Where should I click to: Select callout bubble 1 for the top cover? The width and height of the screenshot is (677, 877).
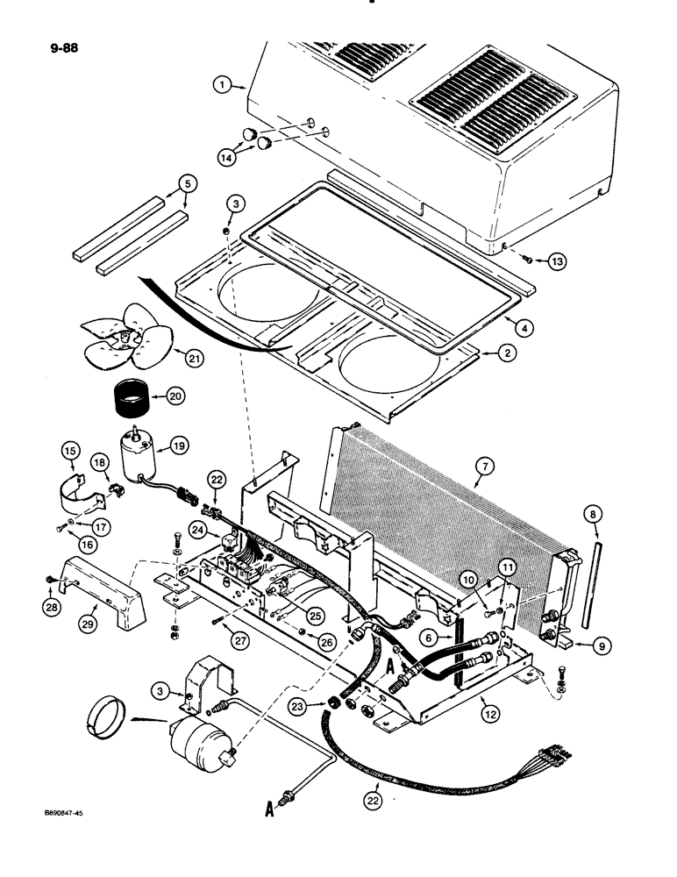225,85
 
